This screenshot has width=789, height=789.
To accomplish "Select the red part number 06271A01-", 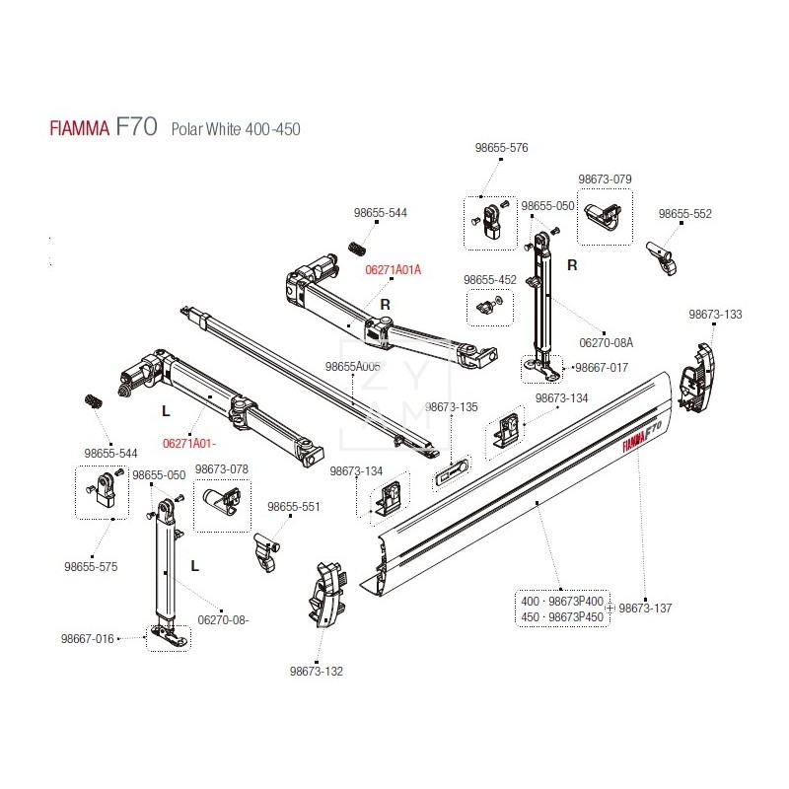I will pos(188,443).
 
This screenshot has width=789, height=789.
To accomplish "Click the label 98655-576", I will pos(501,147).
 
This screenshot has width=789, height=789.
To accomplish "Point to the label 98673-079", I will pos(605,179).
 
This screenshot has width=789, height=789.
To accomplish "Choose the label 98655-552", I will pos(684,214).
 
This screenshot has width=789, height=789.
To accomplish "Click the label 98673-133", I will pos(715,315).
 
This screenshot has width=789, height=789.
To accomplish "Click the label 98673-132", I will pos(317,672).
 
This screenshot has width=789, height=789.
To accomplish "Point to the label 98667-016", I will pos(88,639).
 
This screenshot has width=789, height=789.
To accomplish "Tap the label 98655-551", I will pos(296,506).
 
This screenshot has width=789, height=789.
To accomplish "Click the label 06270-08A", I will pos(606,343).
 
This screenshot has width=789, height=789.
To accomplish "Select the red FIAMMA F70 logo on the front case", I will pos(641,435).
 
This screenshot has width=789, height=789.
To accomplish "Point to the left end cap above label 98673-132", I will pos(326,596).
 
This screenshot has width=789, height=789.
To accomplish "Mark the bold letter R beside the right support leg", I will pos(571,265).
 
